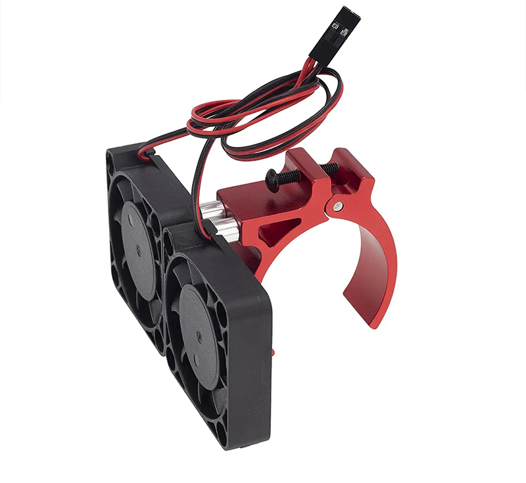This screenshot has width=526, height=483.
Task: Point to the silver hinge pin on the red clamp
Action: click(337, 206)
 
